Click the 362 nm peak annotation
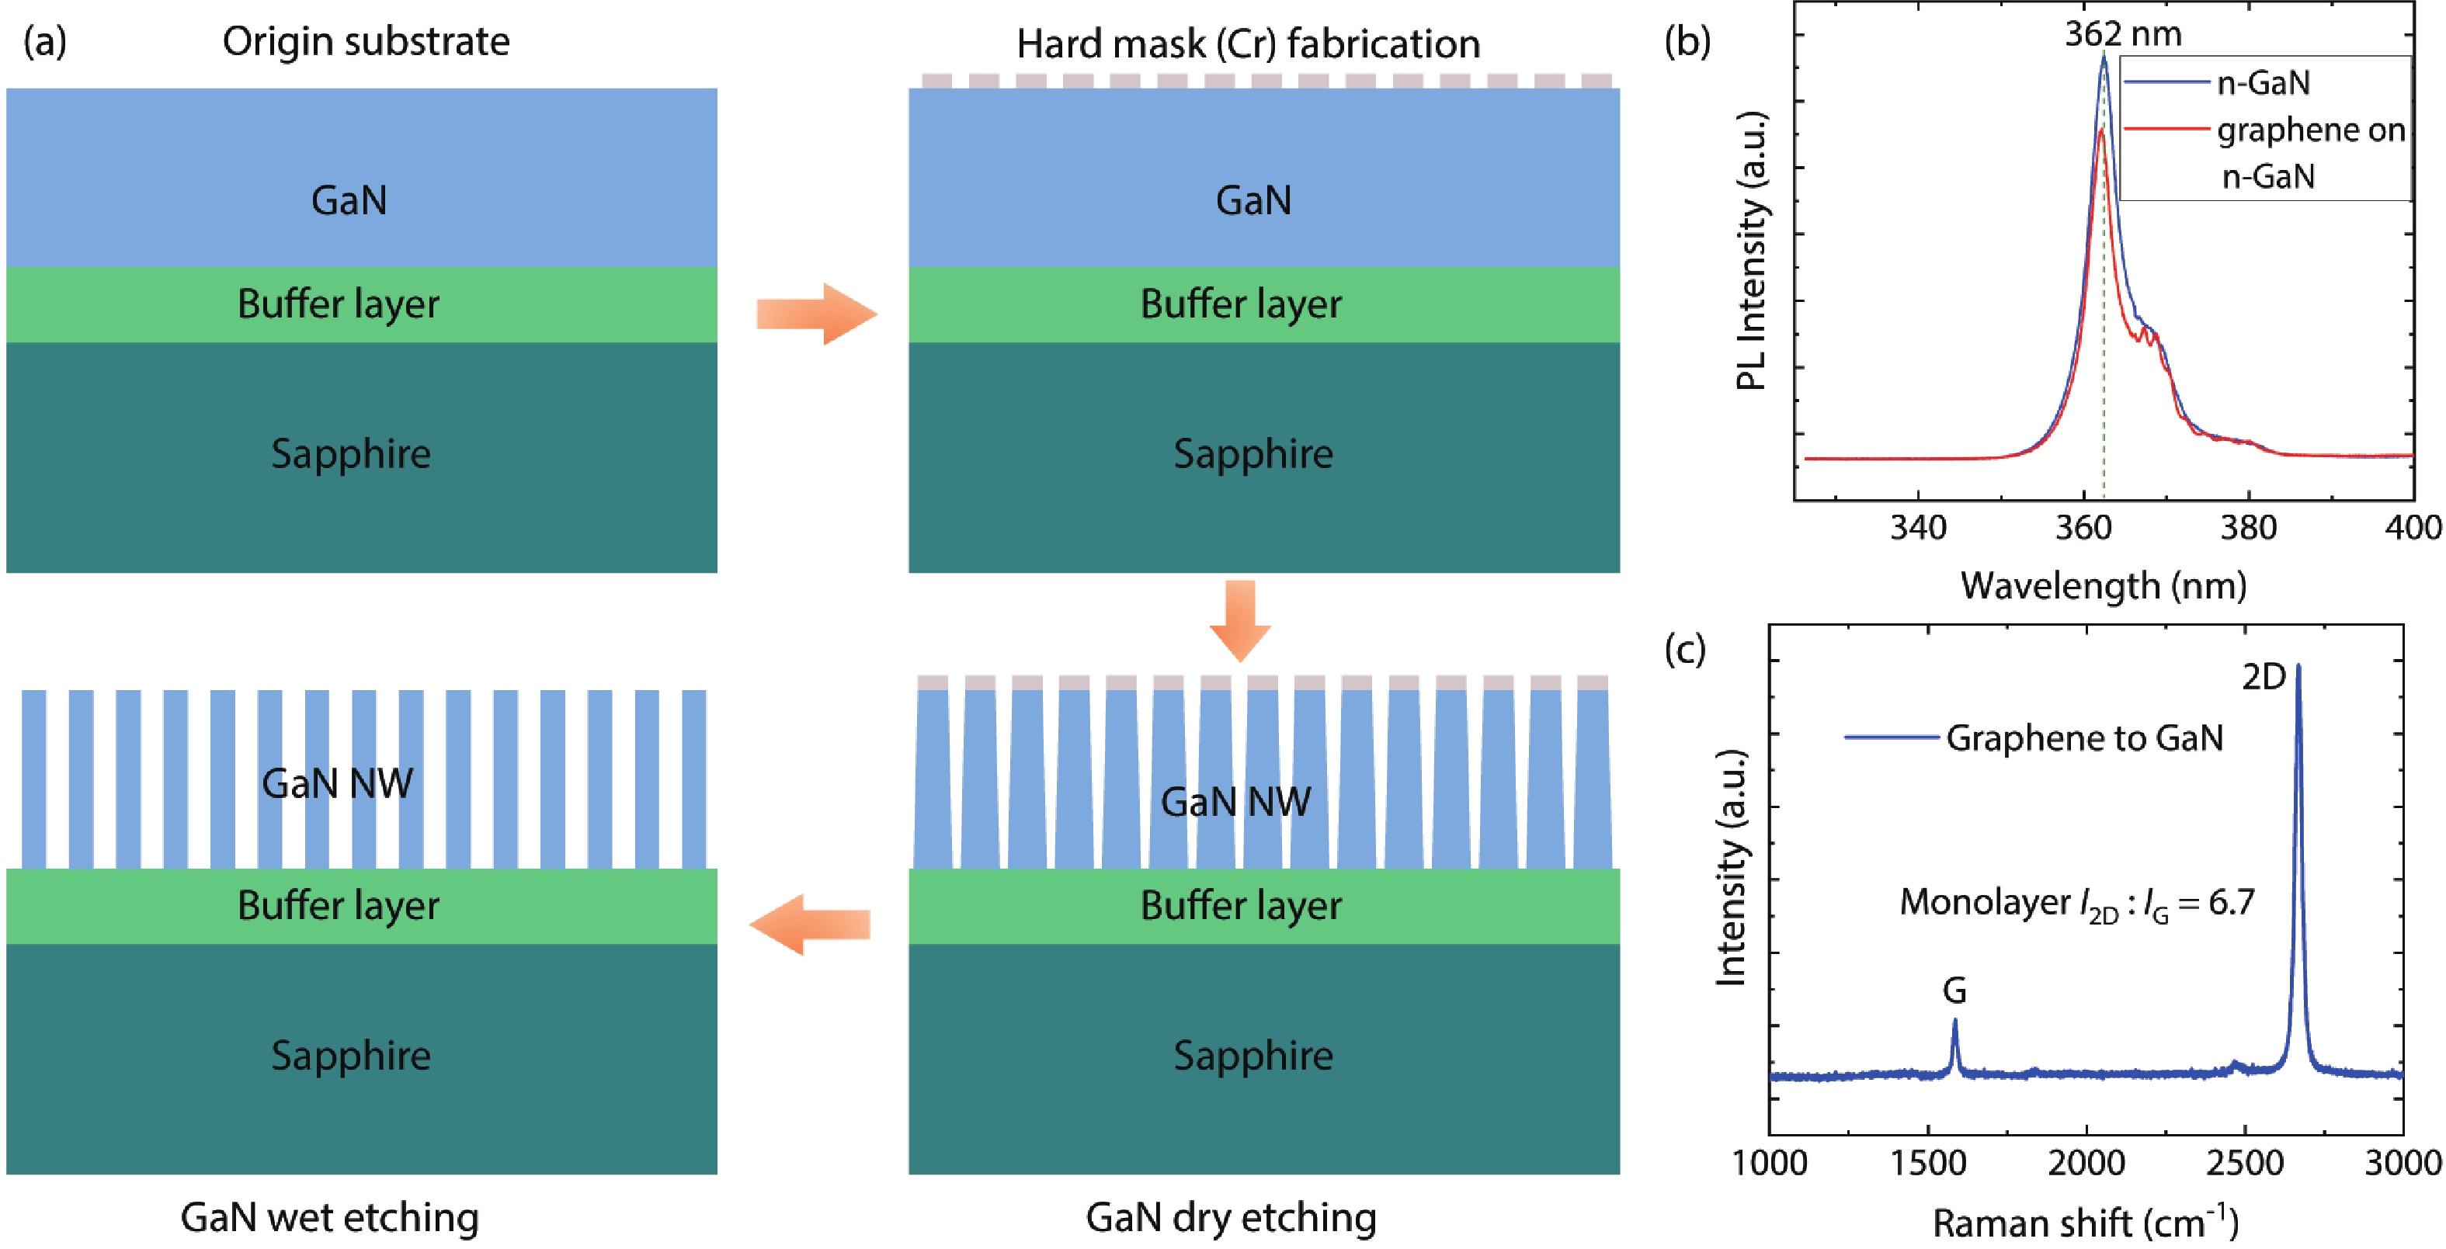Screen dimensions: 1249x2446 (2123, 34)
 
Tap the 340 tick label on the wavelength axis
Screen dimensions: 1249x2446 (1918, 528)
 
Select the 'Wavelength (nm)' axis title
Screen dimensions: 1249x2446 (2104, 585)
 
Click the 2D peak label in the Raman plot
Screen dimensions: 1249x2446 (2264, 677)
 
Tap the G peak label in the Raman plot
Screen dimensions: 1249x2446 (1954, 991)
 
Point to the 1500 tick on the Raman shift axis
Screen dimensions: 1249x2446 (1927, 1164)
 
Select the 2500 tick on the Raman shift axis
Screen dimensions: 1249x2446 (2245, 1164)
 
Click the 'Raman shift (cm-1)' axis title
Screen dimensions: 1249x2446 (2085, 1223)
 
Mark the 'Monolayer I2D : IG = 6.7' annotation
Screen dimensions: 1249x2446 (2076, 903)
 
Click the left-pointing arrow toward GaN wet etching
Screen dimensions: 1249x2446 (810, 924)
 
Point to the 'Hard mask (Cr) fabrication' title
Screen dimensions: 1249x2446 (1248, 43)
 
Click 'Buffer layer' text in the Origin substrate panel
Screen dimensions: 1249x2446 (338, 304)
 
